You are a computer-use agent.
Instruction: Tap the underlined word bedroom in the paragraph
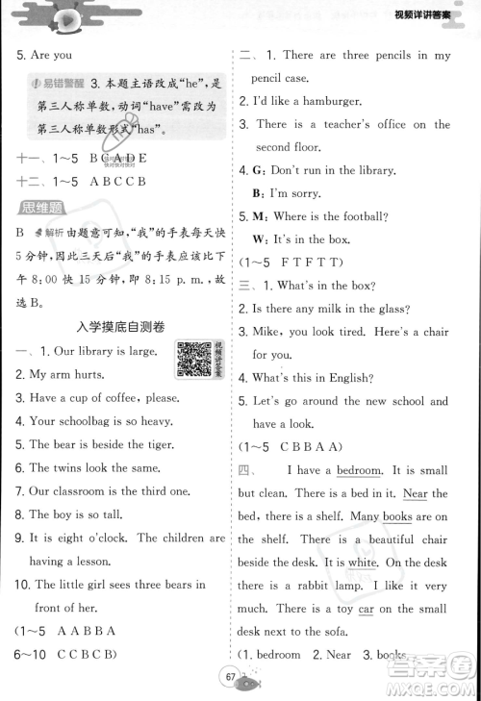click(359, 470)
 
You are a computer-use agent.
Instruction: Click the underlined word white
click(363, 563)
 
